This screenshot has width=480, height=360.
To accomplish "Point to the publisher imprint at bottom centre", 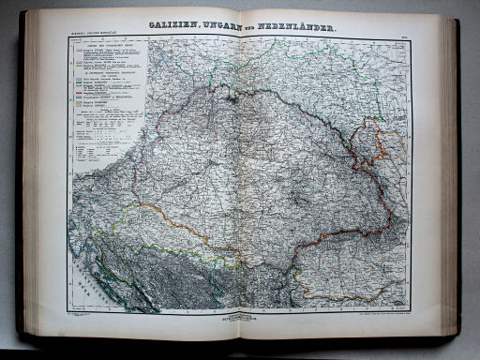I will pyautogui.click(x=240, y=318).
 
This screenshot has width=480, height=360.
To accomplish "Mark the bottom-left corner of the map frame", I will pyautogui.click(x=67, y=312).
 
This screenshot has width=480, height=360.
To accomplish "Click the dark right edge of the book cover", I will pyautogui.click(x=457, y=178).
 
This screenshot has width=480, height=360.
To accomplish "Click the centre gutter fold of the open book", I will pyautogui.click(x=240, y=178).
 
